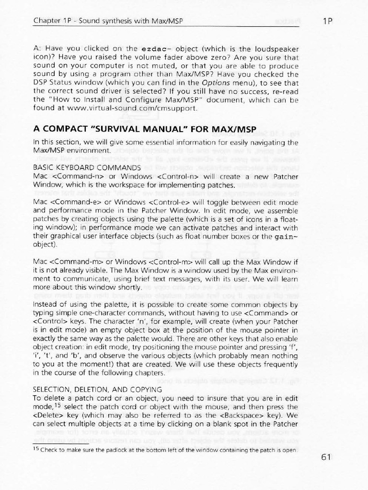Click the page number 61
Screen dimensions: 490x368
click(327, 457)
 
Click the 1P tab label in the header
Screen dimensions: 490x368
click(328, 21)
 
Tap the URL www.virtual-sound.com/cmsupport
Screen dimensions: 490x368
click(137, 109)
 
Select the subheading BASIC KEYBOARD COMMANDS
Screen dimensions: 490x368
click(87, 168)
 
